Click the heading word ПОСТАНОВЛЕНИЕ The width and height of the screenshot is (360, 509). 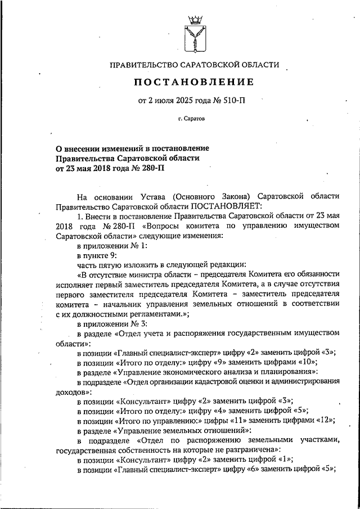coord(193,82)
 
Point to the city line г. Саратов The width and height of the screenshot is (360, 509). coord(192,119)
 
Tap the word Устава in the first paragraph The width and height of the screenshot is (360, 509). coord(159,196)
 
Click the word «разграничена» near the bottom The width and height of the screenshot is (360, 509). coord(254,449)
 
